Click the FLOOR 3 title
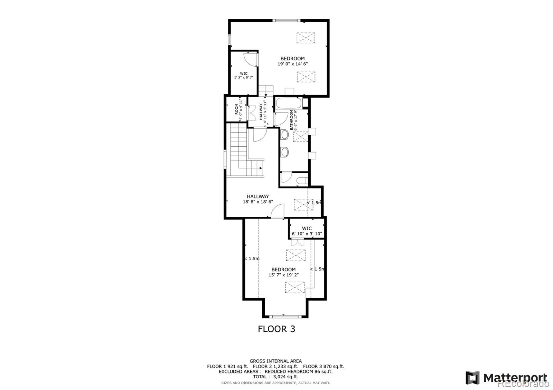click(276, 329)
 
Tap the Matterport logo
click(506, 378)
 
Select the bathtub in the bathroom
click(289, 103)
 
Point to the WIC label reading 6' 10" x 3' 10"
click(307, 231)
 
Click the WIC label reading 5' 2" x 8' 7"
click(244, 76)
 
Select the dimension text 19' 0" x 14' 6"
click(292, 64)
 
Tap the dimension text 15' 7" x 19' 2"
click(283, 275)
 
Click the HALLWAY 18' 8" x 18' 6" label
click(258, 199)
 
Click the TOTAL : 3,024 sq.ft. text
click(275, 377)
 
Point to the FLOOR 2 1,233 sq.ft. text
click(275, 366)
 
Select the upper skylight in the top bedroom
click(306, 38)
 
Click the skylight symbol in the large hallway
click(303, 205)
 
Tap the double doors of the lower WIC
click(298, 242)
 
